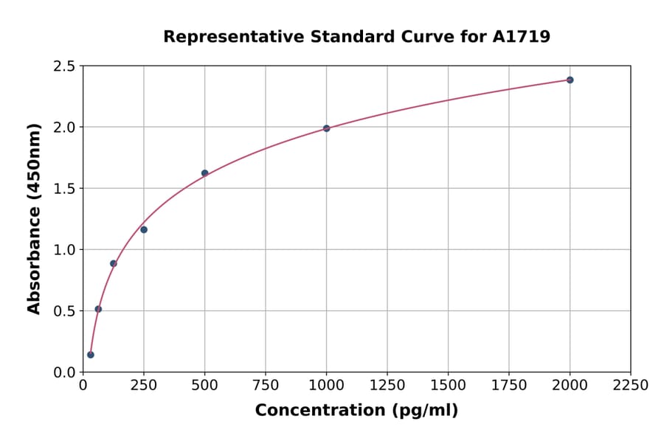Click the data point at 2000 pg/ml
(570, 80)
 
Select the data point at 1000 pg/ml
(326, 128)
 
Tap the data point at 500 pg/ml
(204, 173)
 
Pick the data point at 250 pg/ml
(144, 229)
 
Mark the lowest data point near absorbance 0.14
(91, 355)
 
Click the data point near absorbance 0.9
(114, 263)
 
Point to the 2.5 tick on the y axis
(64, 66)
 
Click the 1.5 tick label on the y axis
(64, 189)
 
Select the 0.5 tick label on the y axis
(64, 311)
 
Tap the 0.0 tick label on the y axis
(64, 372)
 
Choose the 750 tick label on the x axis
(266, 386)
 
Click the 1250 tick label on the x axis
(387, 386)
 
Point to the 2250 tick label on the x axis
(631, 386)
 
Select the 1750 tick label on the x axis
(509, 386)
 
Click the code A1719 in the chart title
(522, 37)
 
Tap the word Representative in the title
(224, 37)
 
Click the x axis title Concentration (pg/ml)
(356, 411)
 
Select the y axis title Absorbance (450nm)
(34, 219)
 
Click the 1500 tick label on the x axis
(448, 386)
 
